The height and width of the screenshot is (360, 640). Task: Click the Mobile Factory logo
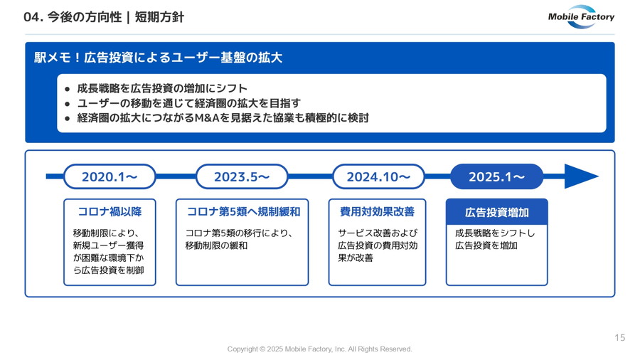[581, 17]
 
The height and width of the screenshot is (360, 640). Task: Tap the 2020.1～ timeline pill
[110, 176]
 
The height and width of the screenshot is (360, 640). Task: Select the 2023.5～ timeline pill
[242, 176]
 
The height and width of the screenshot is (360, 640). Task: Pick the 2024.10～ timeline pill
[378, 176]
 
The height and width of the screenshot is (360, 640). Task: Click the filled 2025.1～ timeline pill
[497, 176]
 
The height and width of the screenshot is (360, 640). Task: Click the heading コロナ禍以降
[110, 211]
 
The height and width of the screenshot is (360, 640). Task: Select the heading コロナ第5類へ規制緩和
[243, 211]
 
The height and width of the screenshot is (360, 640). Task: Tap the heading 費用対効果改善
[377, 211]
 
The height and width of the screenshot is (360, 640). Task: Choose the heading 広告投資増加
[497, 212]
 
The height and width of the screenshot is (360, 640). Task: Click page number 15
[619, 337]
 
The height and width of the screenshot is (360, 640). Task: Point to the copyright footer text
[319, 349]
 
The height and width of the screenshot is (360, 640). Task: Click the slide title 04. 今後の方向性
[73, 17]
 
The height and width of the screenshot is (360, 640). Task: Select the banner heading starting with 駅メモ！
[158, 58]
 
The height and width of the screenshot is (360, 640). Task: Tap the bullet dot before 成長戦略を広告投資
[68, 89]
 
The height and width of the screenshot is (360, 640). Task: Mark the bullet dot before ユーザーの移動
[68, 104]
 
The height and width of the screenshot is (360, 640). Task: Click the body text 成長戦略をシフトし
[495, 233]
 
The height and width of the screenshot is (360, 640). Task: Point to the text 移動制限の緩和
[216, 245]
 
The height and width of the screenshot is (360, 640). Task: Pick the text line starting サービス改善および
[378, 233]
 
